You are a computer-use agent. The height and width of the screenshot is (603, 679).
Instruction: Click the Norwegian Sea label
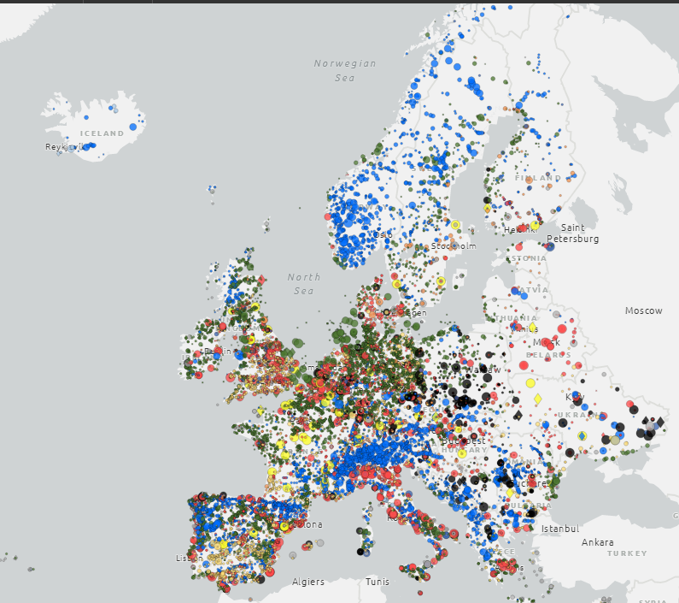click(344, 70)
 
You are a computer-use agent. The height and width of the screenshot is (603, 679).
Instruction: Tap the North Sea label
click(304, 284)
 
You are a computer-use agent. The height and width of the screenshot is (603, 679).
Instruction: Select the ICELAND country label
click(102, 133)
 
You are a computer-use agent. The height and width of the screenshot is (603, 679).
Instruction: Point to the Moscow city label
click(643, 310)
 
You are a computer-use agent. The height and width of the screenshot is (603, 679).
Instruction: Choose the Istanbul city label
click(560, 529)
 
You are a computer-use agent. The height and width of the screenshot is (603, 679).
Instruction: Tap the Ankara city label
click(597, 542)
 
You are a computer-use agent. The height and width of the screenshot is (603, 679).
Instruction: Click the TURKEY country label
click(627, 553)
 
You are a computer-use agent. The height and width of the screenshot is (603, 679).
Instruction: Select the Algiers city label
click(308, 582)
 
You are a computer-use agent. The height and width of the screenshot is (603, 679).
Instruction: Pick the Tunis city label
click(377, 582)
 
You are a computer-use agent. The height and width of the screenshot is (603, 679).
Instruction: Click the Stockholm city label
click(454, 246)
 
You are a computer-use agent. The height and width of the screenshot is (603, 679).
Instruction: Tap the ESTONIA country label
click(526, 258)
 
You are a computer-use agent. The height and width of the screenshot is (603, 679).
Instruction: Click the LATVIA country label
click(531, 289)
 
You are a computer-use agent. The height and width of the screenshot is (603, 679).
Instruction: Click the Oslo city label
click(383, 234)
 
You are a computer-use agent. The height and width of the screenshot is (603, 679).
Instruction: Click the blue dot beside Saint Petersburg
click(550, 246)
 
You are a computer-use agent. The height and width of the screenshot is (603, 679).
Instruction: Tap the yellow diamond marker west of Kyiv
click(538, 399)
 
